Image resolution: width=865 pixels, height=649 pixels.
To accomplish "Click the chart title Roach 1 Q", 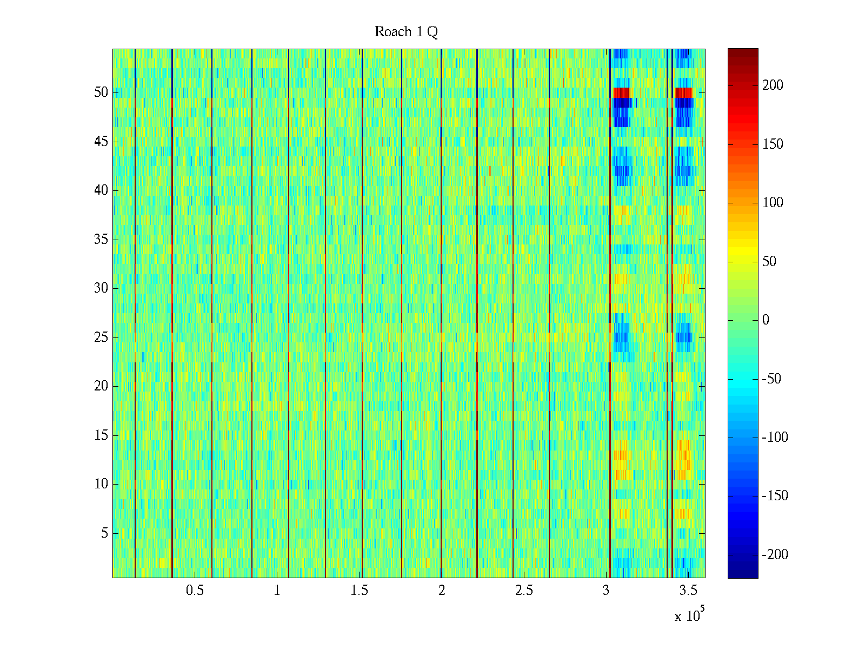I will tap(406, 32).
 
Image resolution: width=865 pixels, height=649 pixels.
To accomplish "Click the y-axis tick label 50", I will tap(101, 92).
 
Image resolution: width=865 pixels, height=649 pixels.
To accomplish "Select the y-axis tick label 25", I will tap(101, 337).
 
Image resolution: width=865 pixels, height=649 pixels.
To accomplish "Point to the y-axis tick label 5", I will tap(104, 533).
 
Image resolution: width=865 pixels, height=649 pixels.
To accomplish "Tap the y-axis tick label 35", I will tap(101, 240).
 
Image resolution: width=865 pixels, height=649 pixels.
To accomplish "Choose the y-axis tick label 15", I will tap(101, 435).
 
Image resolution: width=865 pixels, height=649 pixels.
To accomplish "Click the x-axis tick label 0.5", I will tap(195, 591).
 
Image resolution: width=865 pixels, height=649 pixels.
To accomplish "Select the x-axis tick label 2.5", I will tap(524, 591).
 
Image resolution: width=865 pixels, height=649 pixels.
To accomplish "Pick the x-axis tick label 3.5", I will tap(688, 591).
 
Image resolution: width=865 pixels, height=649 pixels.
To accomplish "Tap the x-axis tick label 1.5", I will tap(359, 591).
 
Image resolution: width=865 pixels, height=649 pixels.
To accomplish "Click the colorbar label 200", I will tap(773, 85).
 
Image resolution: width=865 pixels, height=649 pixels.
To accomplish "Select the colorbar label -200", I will tap(775, 554).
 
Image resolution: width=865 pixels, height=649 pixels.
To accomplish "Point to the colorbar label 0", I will tap(766, 320).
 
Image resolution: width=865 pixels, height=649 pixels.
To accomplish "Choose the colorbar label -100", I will tap(775, 438).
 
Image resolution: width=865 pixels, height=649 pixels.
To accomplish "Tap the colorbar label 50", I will tap(769, 262).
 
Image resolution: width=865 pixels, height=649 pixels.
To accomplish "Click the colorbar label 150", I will tap(773, 144).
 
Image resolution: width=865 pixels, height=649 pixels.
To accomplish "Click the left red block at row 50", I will tap(622, 92).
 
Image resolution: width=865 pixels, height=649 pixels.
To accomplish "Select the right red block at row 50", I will tap(684, 92).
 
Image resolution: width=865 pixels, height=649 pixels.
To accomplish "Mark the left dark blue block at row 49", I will tap(622, 102).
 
